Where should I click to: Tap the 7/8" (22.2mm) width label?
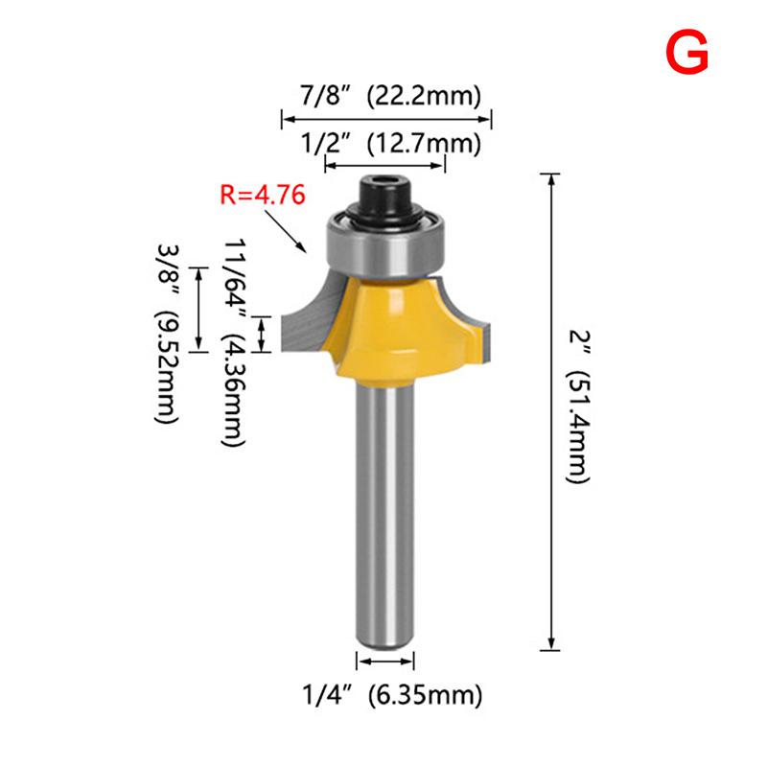pyautogui.click(x=385, y=95)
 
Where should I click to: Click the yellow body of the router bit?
pyautogui.click(x=393, y=316)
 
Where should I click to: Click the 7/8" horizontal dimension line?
pyautogui.click(x=385, y=119)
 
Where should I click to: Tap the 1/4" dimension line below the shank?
pyautogui.click(x=385, y=661)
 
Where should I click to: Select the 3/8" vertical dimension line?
pyautogui.click(x=199, y=310)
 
